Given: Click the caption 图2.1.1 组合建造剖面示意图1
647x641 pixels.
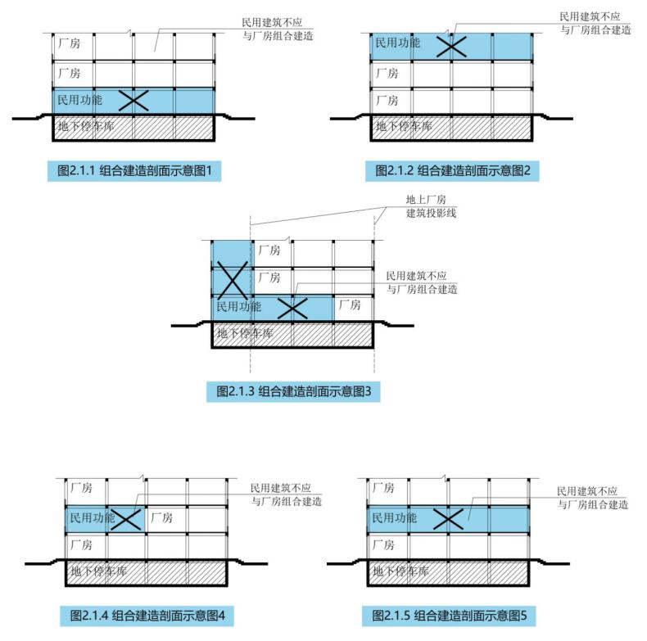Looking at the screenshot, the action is point(134,170).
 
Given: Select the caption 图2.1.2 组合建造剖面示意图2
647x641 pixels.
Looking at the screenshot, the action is point(452,170).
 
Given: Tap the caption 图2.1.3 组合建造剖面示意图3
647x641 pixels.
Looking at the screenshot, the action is point(293,391).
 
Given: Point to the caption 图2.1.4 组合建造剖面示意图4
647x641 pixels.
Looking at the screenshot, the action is point(147,616).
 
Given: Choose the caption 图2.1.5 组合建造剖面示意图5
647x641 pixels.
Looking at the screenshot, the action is point(450,616).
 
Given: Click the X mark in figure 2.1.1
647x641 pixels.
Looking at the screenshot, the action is point(133,101).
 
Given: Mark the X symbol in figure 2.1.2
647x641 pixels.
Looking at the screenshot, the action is point(451,46).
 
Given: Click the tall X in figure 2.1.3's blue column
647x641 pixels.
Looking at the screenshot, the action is point(233,280).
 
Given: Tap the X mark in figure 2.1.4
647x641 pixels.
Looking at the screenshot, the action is point(126,519).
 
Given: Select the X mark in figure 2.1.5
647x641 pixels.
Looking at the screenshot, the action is point(449,519).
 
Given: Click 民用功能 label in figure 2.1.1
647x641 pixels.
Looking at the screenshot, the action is point(79,100).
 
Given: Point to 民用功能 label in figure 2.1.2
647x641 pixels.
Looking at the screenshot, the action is point(397,43).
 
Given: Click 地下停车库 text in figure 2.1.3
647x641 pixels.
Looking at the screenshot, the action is point(245,333).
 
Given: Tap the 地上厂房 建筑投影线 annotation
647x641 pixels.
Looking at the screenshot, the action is point(431,206).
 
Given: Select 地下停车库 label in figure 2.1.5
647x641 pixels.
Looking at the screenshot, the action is point(400,571).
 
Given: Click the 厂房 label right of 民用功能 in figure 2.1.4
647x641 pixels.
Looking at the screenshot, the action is point(162,517).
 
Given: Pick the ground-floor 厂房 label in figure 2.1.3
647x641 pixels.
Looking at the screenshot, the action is point(350,305).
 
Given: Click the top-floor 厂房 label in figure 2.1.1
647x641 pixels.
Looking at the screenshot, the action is point(70,43).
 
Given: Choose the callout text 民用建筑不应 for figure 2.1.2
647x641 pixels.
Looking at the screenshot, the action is point(590,16).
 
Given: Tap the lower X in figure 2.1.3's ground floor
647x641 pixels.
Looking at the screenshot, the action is point(292,308).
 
